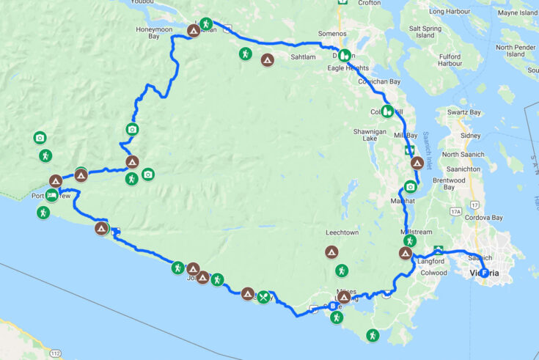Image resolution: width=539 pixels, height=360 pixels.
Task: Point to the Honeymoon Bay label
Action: [160, 32]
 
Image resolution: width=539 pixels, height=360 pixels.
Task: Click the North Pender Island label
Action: [514, 51]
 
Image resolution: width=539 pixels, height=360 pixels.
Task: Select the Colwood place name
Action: [434, 273]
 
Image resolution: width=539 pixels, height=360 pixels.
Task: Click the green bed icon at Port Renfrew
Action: [51, 195]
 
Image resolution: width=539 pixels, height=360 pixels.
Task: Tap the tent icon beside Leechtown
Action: [331, 253]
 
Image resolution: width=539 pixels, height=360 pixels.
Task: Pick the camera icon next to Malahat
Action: [411, 187]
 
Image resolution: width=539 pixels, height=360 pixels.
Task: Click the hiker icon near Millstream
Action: [410, 240]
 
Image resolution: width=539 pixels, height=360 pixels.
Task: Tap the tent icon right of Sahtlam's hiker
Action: [268, 59]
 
